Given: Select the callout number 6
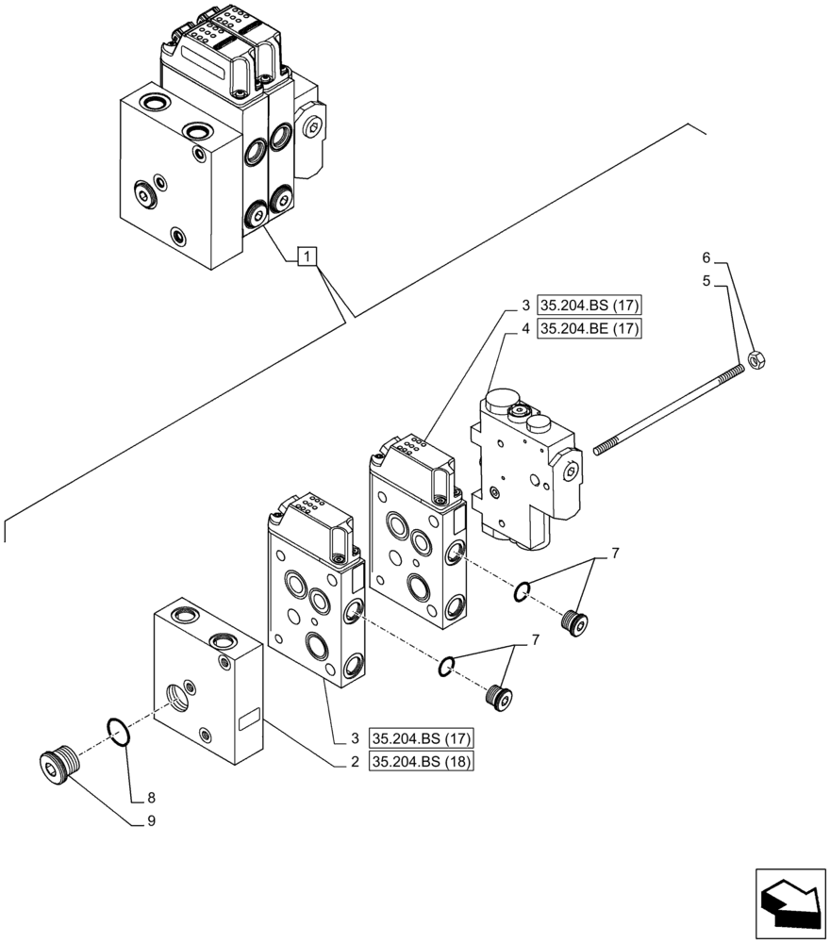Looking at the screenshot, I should point(706,256).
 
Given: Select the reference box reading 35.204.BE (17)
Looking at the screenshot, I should point(589,329).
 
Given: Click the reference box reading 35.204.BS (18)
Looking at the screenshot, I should point(423,763).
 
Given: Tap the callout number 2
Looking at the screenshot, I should point(355,763).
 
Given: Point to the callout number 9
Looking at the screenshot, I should point(150,820).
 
